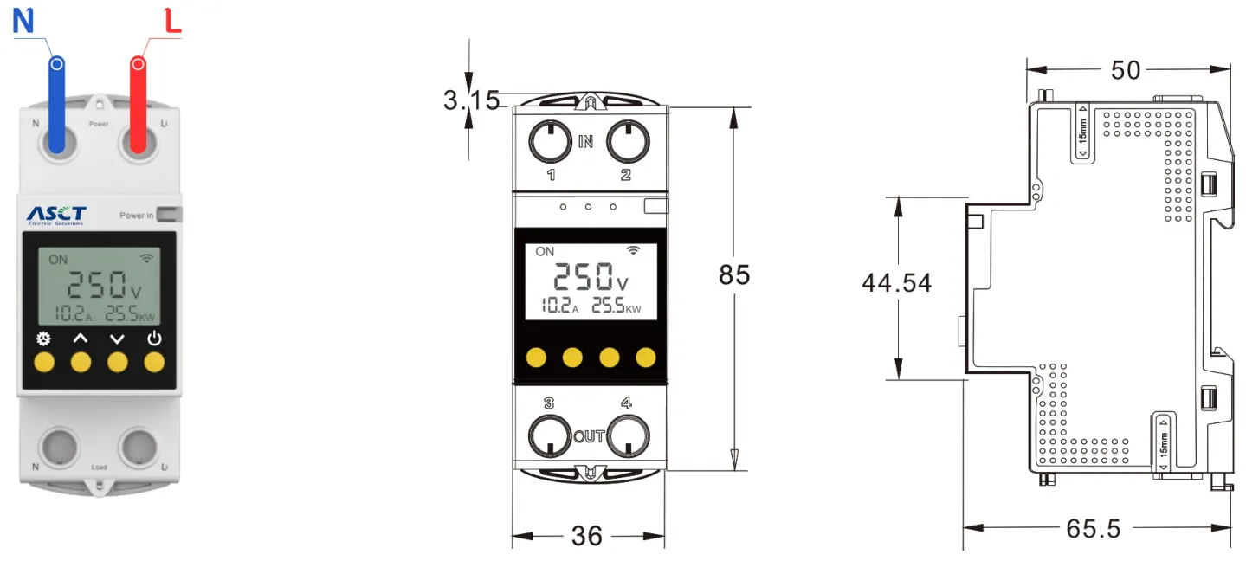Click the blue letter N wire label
tap(23, 20)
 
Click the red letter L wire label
tap(173, 21)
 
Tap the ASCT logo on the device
tap(56, 214)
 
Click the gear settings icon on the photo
tap(43, 339)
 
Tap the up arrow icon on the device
tap(80, 339)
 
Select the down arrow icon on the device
tap(117, 339)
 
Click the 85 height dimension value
tap(734, 274)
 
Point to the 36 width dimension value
tap(587, 536)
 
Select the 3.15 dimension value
tap(471, 100)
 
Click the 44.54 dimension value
tap(896, 283)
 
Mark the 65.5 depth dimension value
tap(1094, 528)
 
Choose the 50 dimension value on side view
tap(1126, 70)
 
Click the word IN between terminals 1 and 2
tap(586, 141)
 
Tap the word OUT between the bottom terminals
tap(589, 436)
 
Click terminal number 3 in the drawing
tap(549, 403)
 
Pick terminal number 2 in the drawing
tap(626, 175)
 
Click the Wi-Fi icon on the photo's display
tap(147, 258)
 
